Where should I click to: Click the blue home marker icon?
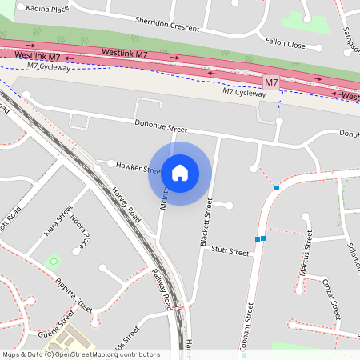pos(180,172)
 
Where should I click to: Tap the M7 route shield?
pos(272,82)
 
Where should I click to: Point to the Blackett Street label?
pos(202,222)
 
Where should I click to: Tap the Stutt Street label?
pos(230,251)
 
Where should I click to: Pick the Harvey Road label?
pos(126,205)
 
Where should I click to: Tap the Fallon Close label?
pos(286,45)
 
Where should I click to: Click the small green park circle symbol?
pos(54,262)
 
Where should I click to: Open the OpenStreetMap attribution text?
pos(81,354)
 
